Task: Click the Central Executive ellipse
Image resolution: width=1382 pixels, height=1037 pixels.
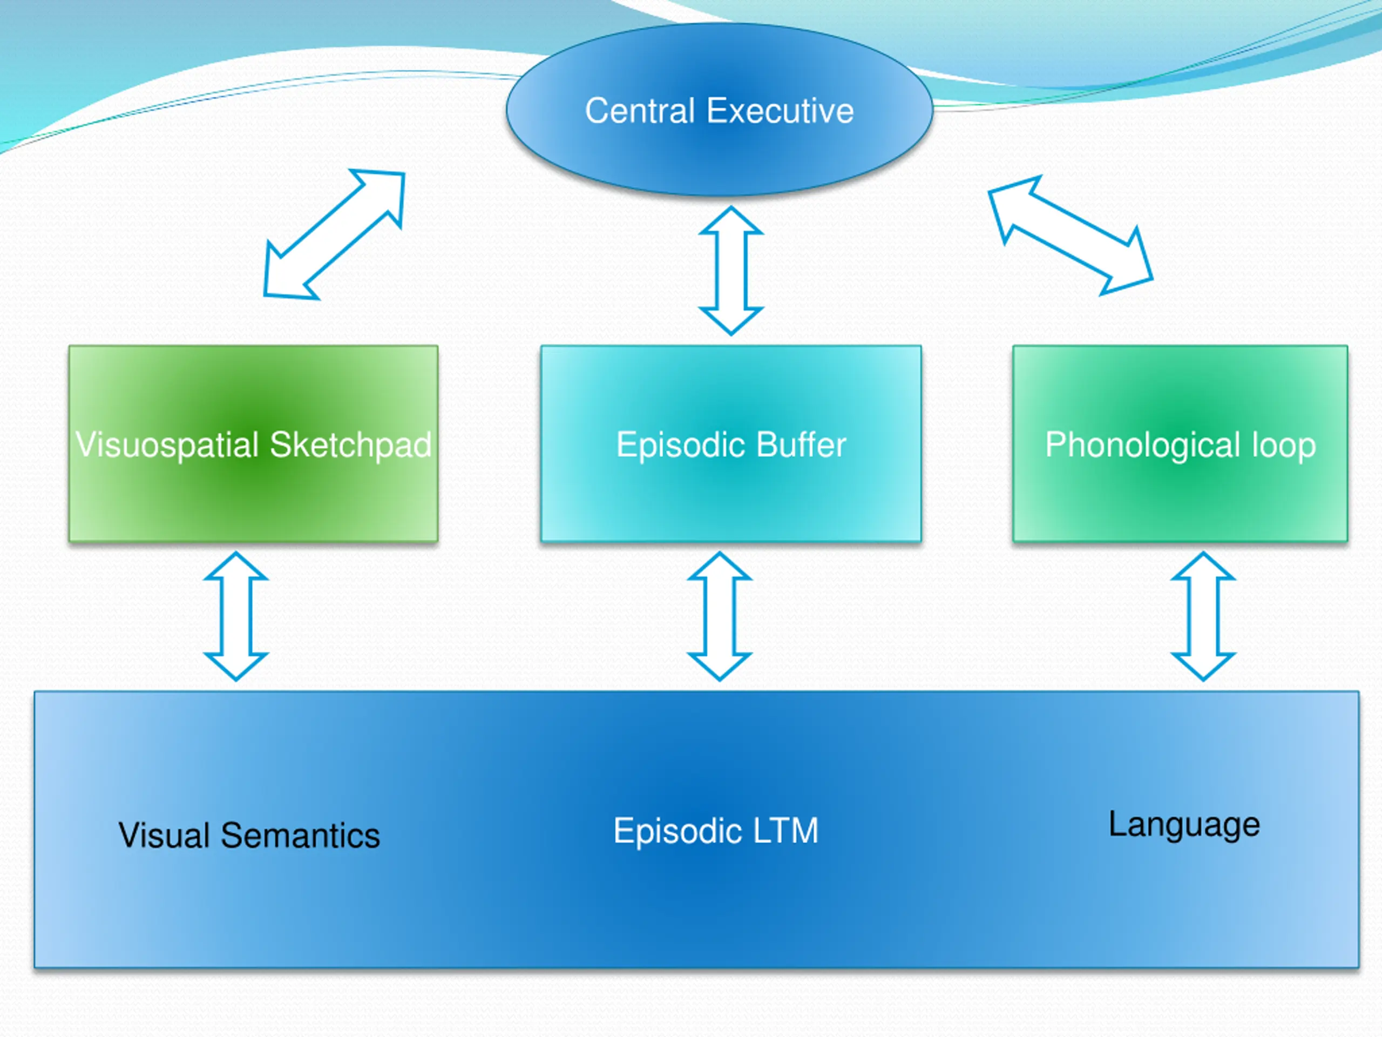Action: [x=720, y=110]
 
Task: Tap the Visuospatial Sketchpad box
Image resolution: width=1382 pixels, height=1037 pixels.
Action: [x=254, y=444]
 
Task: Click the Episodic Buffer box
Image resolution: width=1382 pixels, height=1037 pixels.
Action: [x=731, y=444]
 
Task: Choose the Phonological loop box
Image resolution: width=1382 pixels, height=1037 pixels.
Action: [x=1180, y=444]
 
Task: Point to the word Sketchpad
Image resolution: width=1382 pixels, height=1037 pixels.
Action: [x=350, y=445]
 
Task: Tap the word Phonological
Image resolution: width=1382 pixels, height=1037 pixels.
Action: [x=1143, y=446]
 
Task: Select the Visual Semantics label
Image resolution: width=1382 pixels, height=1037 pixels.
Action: [x=249, y=835]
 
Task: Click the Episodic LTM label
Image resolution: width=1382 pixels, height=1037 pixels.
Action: [x=716, y=831]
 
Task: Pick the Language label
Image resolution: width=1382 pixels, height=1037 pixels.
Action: [x=1184, y=825]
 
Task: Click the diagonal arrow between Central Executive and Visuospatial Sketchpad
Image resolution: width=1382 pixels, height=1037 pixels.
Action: [x=334, y=234]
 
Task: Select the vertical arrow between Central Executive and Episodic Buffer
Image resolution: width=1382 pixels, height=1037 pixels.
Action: [x=731, y=270]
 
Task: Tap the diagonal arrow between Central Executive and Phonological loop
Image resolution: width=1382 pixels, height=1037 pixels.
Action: [x=1070, y=235]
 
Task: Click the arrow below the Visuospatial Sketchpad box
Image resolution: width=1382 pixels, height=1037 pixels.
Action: [x=236, y=616]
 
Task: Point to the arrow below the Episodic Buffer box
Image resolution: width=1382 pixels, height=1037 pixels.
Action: [x=720, y=616]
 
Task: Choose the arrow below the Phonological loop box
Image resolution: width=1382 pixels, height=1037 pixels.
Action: [x=1203, y=616]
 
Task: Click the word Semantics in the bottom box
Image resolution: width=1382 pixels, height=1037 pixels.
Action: [x=301, y=835]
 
